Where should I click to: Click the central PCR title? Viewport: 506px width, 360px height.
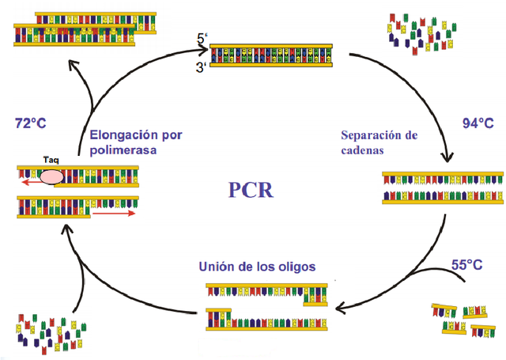point(251,190)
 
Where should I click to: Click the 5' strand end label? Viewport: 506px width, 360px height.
point(203,38)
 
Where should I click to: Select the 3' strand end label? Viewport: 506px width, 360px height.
point(202,68)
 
